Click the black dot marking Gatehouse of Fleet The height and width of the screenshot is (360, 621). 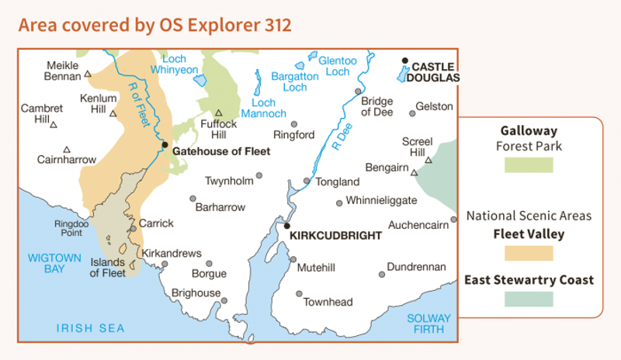(165, 144)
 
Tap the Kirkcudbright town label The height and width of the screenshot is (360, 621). (335, 234)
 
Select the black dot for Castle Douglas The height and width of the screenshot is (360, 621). (404, 61)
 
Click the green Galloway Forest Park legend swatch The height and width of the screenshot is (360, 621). (527, 164)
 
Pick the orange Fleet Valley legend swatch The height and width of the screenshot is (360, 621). (527, 253)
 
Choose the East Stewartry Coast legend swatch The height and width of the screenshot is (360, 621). (527, 299)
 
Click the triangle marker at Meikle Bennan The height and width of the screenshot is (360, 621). (88, 75)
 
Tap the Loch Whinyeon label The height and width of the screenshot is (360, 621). (179, 64)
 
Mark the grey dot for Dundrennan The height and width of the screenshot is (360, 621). (382, 274)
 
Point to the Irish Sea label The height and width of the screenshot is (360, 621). (90, 329)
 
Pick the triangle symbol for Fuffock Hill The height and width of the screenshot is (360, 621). (219, 112)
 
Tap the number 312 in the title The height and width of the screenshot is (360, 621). (276, 25)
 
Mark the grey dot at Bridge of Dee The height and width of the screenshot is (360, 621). (358, 91)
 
